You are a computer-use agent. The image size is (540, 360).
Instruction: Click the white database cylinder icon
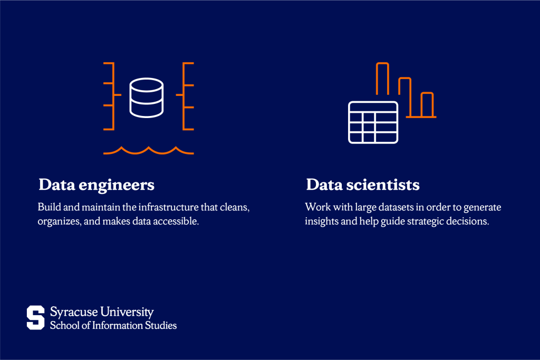(146, 98)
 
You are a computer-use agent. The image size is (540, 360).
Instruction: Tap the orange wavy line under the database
(148, 151)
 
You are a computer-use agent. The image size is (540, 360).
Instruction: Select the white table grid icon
(373, 122)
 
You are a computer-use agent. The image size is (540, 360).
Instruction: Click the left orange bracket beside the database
(109, 96)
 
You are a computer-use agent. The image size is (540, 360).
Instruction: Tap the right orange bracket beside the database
(187, 96)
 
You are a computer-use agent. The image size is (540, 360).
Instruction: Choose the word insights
(322, 221)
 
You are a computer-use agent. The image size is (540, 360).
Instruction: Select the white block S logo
(36, 317)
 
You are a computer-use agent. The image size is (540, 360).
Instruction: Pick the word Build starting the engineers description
(48, 207)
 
